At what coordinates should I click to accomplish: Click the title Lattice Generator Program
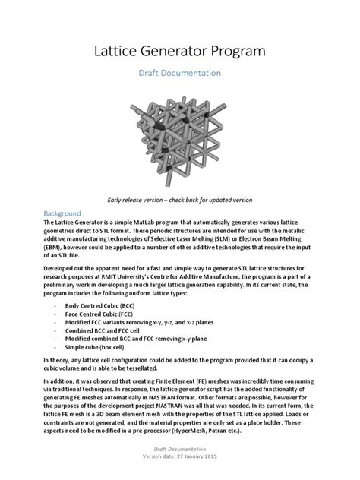pos(179,51)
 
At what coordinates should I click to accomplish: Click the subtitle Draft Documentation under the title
pos(179,74)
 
